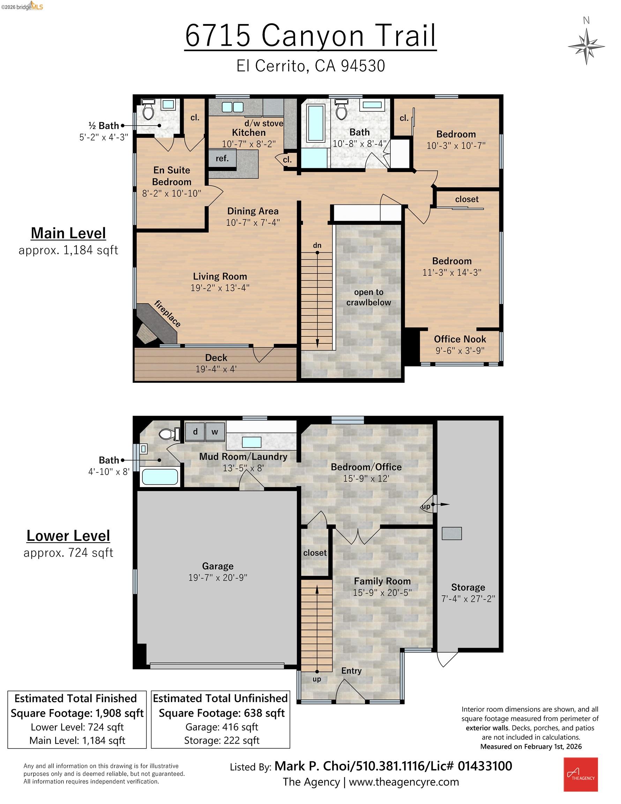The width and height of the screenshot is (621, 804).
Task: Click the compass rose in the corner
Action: tap(586, 46)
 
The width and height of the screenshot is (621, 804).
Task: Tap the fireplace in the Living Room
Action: tap(158, 323)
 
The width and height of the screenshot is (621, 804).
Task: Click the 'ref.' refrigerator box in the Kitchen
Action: tap(222, 158)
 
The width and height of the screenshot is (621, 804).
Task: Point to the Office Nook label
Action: tap(460, 339)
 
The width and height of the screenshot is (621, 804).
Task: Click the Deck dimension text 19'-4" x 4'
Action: tap(216, 369)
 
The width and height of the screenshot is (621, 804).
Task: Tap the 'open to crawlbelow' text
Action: tap(368, 297)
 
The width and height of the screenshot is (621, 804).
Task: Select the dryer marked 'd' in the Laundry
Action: tap(195, 431)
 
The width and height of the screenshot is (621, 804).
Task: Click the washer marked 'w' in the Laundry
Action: tap(215, 431)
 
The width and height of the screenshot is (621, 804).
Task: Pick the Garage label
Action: tap(218, 566)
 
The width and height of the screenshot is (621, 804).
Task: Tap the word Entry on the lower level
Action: tap(351, 670)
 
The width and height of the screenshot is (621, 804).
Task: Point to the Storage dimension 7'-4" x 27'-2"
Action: tap(468, 599)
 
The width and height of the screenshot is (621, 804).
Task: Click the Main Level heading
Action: tap(68, 233)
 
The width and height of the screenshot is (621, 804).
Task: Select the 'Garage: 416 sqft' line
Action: tap(222, 727)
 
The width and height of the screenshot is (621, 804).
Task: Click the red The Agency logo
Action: tap(581, 774)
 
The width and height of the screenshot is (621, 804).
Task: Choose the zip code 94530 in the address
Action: tap(363, 66)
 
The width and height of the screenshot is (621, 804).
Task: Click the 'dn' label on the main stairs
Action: tap(317, 245)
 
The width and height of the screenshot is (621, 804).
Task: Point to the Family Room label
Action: tap(382, 581)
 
